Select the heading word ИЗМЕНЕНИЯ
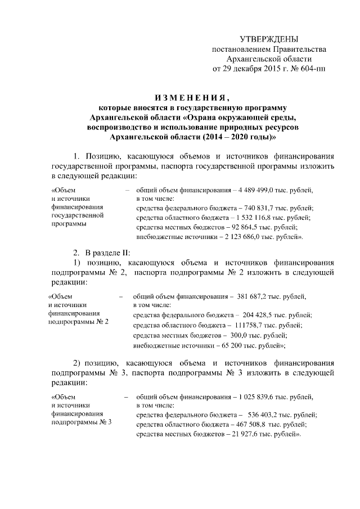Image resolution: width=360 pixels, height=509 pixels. coord(192,95)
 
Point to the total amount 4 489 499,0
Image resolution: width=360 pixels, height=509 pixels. coord(254,190)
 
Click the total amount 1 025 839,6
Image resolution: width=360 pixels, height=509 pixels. coord(259,397)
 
